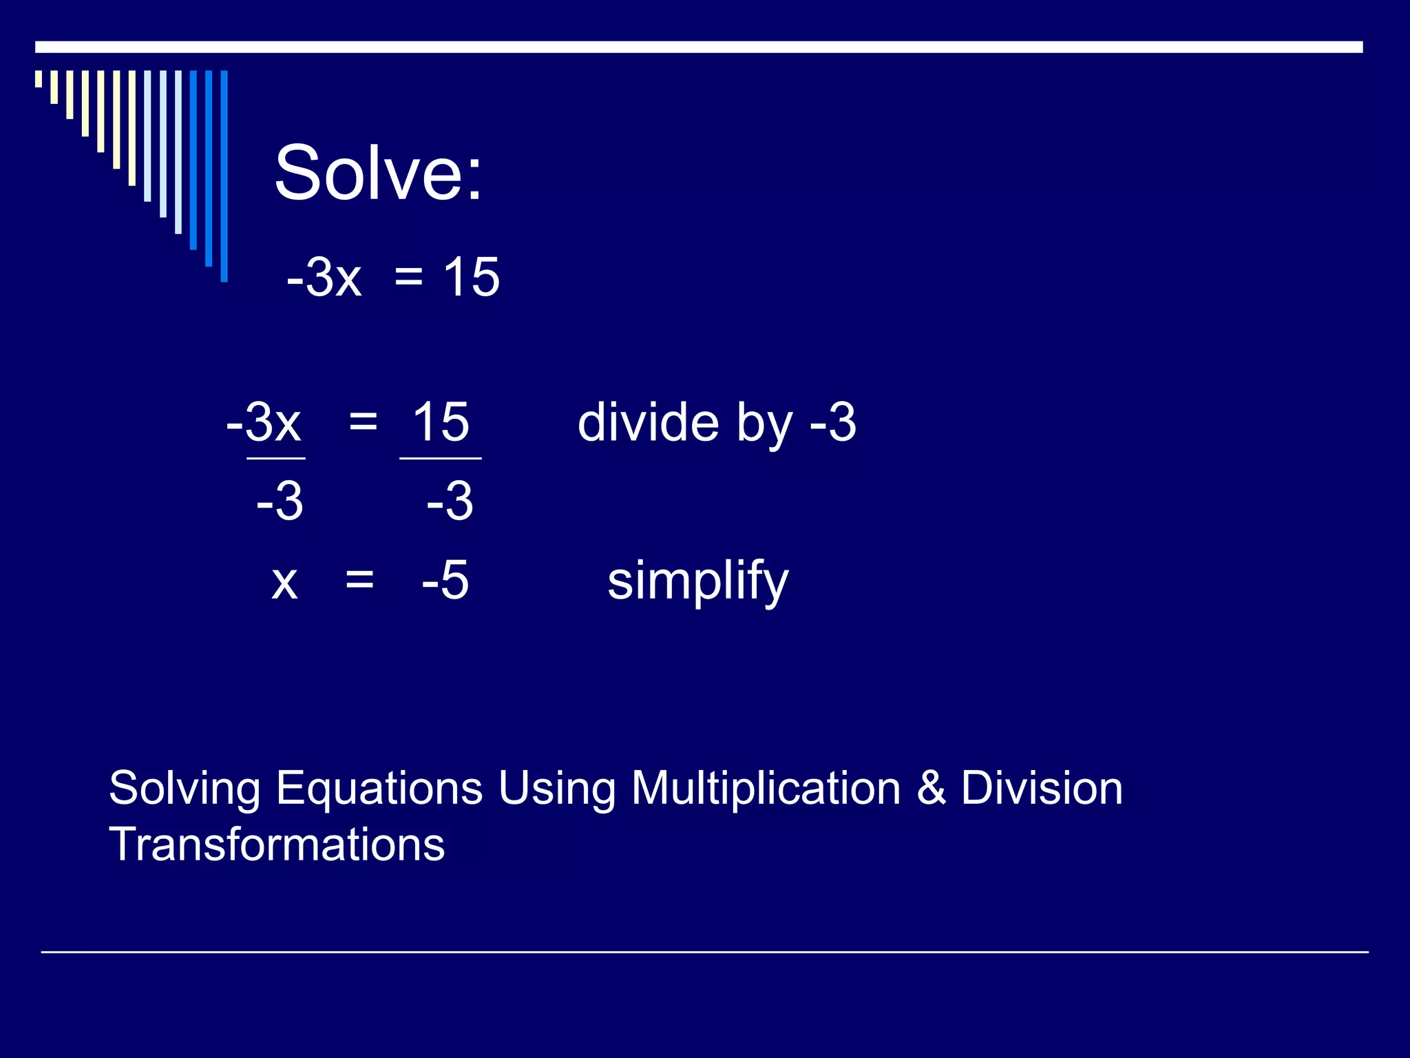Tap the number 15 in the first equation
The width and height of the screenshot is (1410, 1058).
coord(472,277)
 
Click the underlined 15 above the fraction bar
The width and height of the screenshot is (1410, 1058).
coord(441,422)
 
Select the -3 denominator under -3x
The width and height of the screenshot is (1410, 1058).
coord(280,501)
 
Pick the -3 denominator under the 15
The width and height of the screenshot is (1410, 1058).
coord(450,501)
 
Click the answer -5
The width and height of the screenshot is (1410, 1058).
coord(445,580)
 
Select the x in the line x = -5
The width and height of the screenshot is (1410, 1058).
coord(284,582)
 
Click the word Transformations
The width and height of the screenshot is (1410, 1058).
coord(277,844)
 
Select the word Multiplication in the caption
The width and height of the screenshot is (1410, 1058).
coord(766,789)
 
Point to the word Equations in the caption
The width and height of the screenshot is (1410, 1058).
coord(379,789)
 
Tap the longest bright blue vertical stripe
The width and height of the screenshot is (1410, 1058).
coord(224,176)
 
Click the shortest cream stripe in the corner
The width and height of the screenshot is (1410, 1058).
coord(39,79)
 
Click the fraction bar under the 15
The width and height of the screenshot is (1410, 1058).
coord(441,458)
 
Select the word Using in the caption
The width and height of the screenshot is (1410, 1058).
coord(556,789)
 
